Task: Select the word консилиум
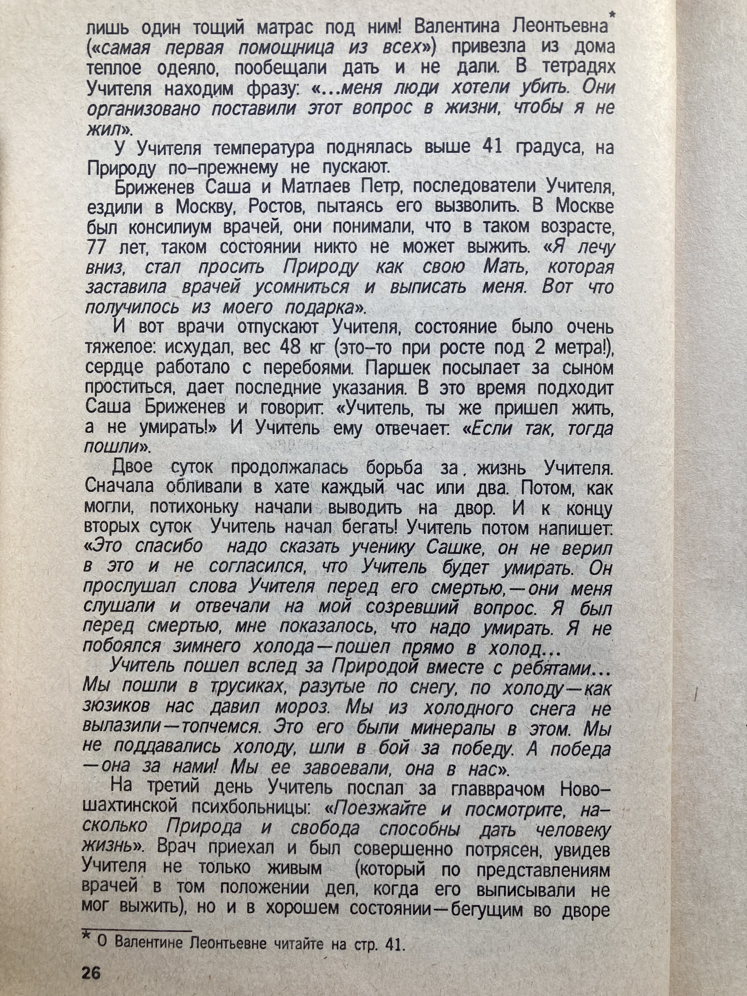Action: point(171,227)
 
